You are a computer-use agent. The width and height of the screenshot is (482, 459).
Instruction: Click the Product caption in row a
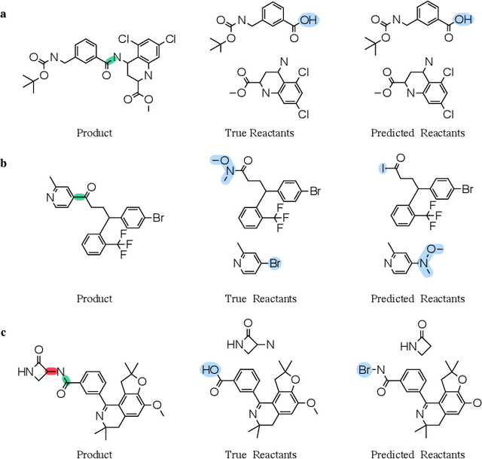[95, 133]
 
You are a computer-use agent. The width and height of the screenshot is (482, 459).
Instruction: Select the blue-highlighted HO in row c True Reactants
[209, 370]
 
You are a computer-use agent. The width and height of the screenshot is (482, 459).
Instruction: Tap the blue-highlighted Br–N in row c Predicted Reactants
[366, 370]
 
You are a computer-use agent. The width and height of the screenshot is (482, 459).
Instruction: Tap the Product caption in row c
[95, 454]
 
